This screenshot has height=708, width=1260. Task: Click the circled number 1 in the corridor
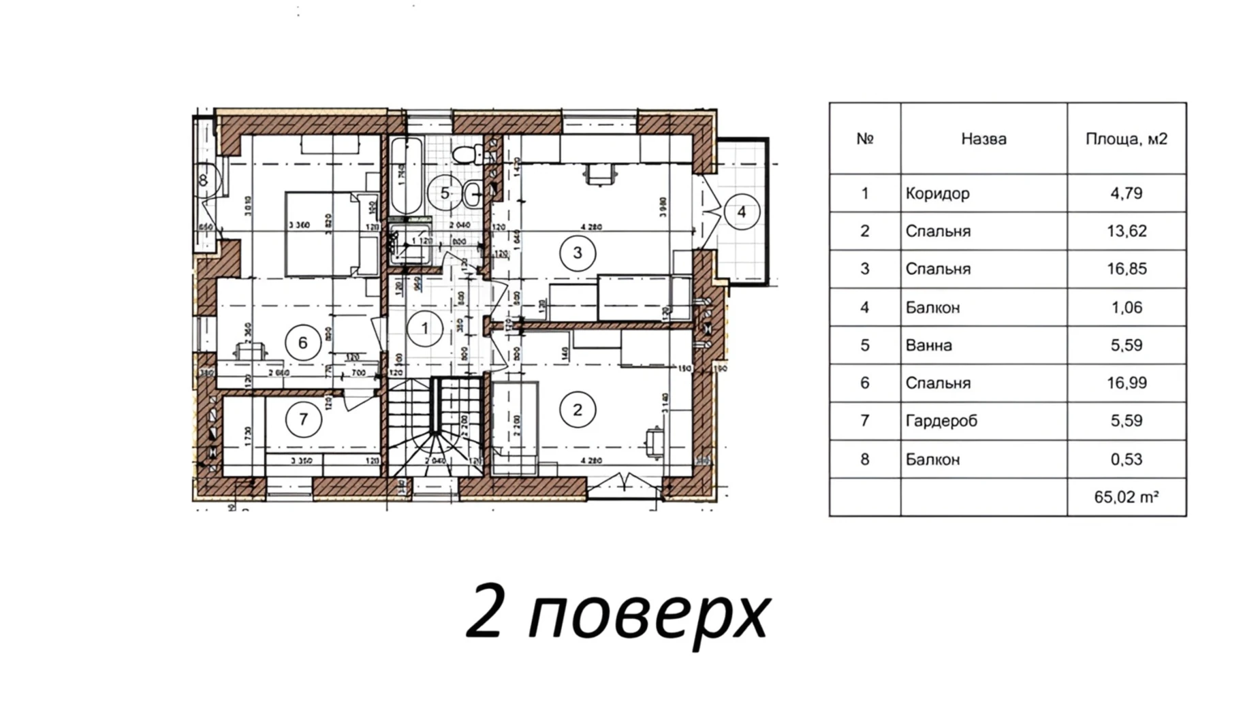tap(424, 329)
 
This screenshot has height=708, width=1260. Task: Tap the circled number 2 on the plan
tap(577, 410)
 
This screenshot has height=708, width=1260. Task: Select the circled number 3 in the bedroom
tap(577, 253)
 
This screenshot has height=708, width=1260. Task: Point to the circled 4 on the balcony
tap(741, 212)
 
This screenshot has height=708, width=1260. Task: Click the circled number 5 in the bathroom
tap(444, 193)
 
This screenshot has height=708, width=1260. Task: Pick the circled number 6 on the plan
tap(303, 342)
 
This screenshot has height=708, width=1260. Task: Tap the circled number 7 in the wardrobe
tap(303, 419)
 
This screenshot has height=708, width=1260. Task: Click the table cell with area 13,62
tap(1126, 231)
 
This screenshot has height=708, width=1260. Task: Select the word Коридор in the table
tap(937, 193)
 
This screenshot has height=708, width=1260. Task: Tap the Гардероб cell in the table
tap(941, 421)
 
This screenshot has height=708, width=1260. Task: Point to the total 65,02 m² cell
tap(1126, 497)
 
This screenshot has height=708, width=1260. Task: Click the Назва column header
tap(983, 139)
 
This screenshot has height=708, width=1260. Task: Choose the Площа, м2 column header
tap(1126, 139)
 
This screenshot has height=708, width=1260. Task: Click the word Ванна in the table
tap(928, 345)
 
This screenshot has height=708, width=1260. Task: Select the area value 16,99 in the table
tap(1126, 383)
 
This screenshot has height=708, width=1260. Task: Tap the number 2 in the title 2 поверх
tap(485, 612)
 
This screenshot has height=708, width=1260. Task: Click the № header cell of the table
tap(864, 139)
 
